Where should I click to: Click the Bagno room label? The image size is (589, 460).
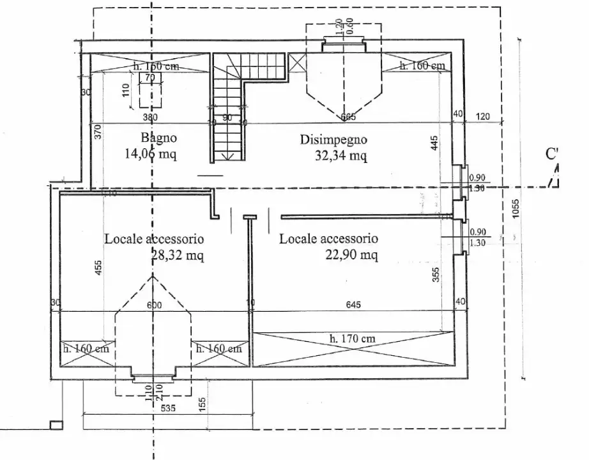point(158,137)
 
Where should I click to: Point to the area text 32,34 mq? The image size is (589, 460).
point(340,155)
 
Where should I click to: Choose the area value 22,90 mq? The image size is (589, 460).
point(351,255)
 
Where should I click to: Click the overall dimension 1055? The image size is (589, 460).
point(516,209)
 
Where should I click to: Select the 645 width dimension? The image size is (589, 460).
point(353,305)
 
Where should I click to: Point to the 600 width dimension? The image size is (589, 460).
point(154,305)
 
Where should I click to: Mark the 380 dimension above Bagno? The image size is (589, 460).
point(149,117)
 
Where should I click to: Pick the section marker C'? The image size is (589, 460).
point(553,154)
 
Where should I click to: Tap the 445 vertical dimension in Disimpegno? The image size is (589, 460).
point(434,142)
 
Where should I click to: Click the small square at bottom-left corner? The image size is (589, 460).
point(56,424)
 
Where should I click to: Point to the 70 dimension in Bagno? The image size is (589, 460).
point(150,77)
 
